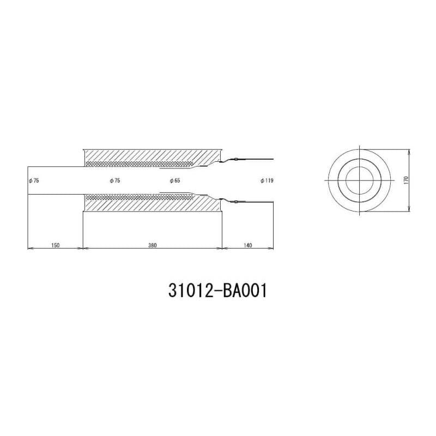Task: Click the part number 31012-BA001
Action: tap(217, 291)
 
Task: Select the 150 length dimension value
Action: tap(56, 245)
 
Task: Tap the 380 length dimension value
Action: tap(153, 245)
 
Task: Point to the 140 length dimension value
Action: tap(247, 245)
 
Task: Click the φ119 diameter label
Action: tap(267, 181)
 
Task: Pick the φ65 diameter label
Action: tap(175, 181)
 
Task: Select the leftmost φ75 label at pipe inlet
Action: tap(34, 181)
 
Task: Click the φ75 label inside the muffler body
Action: tap(115, 181)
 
